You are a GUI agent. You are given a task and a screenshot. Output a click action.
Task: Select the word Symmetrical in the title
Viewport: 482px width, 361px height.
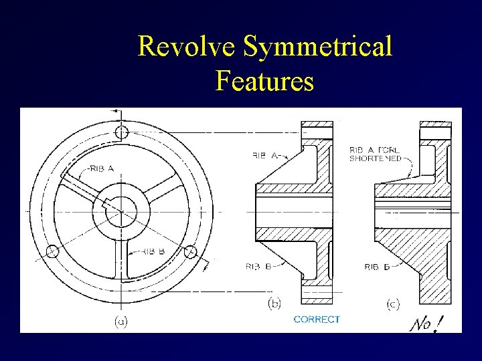tap(318, 47)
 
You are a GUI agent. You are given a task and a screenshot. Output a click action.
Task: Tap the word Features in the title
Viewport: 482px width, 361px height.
tap(265, 82)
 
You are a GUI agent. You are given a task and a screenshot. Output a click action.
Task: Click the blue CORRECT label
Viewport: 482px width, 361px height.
tap(317, 320)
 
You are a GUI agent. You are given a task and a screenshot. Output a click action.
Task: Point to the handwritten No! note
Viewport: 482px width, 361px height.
tap(426, 324)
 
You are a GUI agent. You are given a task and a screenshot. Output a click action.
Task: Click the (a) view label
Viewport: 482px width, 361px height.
tap(120, 322)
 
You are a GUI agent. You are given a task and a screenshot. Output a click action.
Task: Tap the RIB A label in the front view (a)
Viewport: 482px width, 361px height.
tap(100, 168)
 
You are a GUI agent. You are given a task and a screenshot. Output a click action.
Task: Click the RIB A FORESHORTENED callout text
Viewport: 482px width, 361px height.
tap(376, 154)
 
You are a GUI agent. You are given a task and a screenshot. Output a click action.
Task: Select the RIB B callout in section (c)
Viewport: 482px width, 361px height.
tap(378, 267)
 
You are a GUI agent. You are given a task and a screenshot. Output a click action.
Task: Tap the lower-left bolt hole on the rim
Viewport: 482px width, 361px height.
tap(51, 252)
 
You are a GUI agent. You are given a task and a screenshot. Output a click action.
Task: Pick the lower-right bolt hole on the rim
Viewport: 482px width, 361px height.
tap(191, 252)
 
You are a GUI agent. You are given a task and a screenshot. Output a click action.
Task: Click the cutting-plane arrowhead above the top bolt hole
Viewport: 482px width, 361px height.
tap(114, 110)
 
